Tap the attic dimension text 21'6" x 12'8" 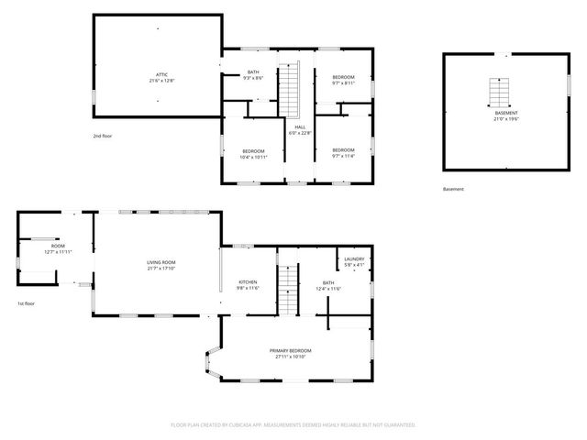[161, 80]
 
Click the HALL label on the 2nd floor [299, 127]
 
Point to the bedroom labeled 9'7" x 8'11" [343, 79]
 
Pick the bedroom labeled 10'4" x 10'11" [253, 153]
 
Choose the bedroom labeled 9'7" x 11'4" [343, 152]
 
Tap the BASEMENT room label [506, 113]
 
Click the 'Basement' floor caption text [453, 190]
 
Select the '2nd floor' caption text [102, 136]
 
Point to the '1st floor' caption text [26, 303]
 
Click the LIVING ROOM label [161, 263]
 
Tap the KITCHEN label [249, 282]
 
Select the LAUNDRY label [354, 259]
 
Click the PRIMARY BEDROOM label [290, 352]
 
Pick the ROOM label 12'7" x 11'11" [58, 247]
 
